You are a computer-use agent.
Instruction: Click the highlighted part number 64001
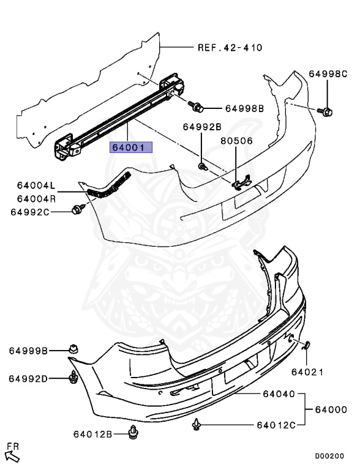click(127, 148)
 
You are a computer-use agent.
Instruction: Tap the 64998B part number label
click(244, 108)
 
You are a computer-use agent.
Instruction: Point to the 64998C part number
click(328, 74)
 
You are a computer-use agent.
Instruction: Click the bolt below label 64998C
click(327, 111)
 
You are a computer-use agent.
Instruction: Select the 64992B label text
click(201, 127)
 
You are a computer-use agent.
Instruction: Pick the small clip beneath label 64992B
click(203, 165)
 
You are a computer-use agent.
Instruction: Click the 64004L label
click(36, 185)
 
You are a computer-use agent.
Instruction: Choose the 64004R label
click(36, 198)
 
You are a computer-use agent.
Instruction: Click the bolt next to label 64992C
click(78, 211)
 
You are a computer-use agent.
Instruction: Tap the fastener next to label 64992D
click(73, 378)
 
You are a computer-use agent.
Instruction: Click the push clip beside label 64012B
click(132, 433)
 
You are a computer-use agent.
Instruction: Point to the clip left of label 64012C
click(197, 423)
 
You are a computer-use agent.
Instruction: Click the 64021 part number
click(307, 372)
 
